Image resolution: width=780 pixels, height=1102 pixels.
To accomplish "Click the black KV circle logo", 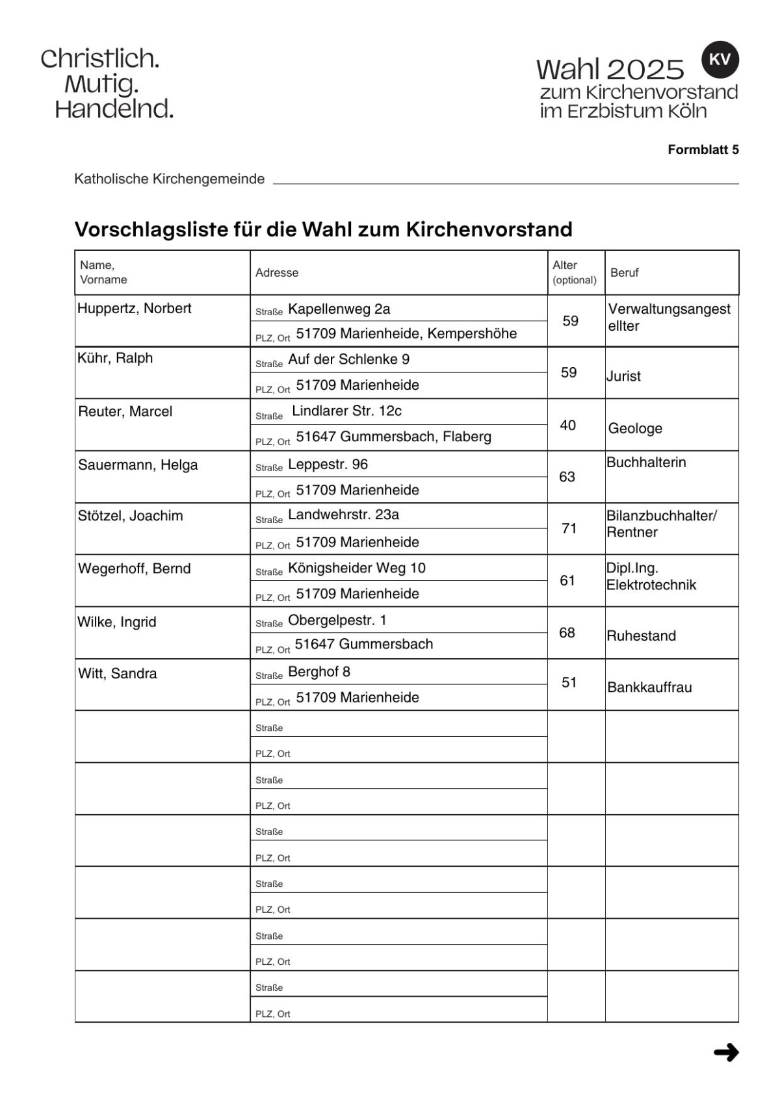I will click(720, 60).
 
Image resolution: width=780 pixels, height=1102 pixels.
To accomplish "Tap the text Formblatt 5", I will click(703, 150).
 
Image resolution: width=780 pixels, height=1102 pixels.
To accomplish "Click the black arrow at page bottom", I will click(726, 1052).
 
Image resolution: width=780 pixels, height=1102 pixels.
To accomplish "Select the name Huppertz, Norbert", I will click(135, 309).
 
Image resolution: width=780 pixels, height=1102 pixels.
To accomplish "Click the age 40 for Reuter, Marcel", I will click(567, 425).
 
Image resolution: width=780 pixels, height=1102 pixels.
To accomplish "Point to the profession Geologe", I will click(635, 429).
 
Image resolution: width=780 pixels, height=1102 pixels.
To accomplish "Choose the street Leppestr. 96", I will click(328, 465).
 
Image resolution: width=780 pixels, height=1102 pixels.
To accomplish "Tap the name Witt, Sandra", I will click(118, 674).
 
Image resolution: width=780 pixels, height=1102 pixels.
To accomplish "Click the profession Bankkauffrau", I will click(649, 687).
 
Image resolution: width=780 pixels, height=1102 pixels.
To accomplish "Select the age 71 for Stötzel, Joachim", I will click(569, 529).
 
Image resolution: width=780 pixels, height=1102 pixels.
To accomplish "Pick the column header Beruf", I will click(625, 273).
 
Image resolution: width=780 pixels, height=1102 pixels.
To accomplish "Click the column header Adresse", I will click(277, 273).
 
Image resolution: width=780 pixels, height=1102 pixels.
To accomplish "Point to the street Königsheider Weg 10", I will click(356, 569).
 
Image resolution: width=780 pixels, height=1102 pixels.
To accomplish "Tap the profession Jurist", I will click(624, 377).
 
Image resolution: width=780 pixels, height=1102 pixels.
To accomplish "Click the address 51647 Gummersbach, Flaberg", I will click(393, 437).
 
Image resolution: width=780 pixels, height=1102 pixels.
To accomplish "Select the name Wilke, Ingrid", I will click(117, 622).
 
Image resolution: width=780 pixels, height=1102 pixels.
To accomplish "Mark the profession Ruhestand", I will click(641, 636).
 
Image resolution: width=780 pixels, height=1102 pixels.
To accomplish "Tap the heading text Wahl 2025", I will click(610, 70).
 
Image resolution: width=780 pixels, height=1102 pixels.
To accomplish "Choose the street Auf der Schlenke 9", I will click(348, 360).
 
